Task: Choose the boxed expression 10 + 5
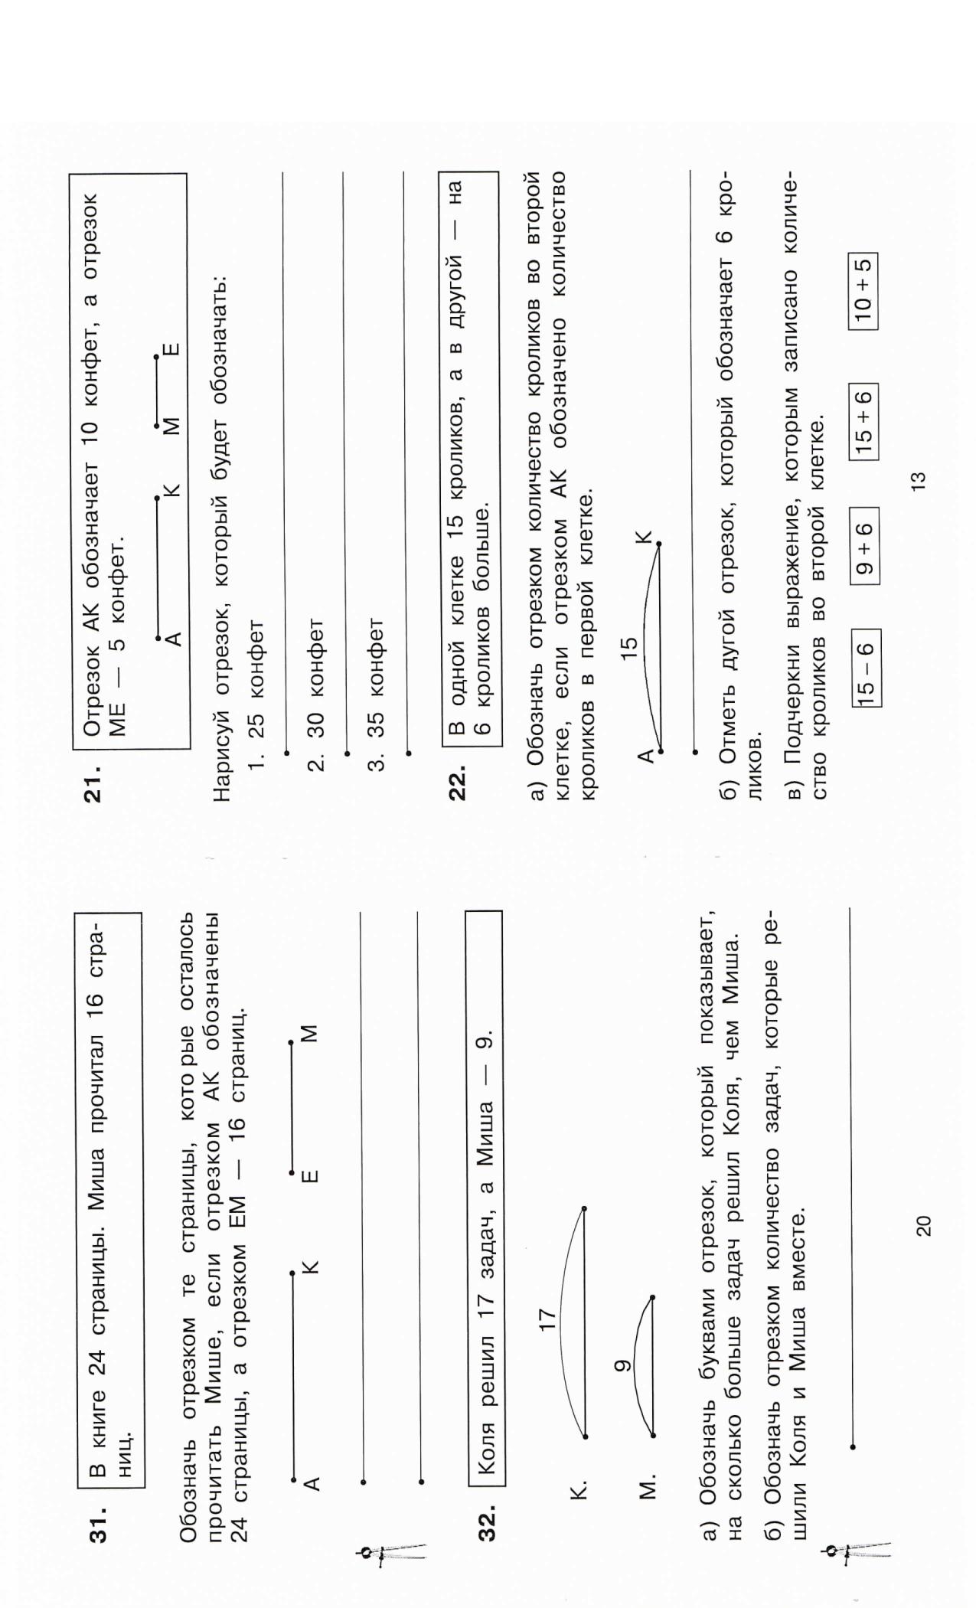(x=862, y=292)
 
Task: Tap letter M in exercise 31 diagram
(x=309, y=1034)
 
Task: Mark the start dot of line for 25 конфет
(x=286, y=753)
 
